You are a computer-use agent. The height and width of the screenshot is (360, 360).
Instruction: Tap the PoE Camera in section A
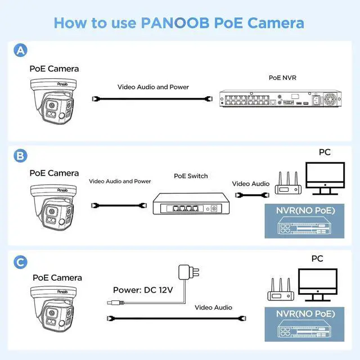[x=54, y=103]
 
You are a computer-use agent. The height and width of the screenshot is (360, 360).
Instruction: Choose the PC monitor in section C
[x=318, y=285]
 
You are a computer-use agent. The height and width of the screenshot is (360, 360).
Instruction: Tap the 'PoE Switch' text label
[x=191, y=176]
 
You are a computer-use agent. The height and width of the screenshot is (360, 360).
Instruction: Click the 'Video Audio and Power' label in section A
[x=153, y=87]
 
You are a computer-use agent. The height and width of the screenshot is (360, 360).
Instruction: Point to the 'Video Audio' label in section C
[x=213, y=308]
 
